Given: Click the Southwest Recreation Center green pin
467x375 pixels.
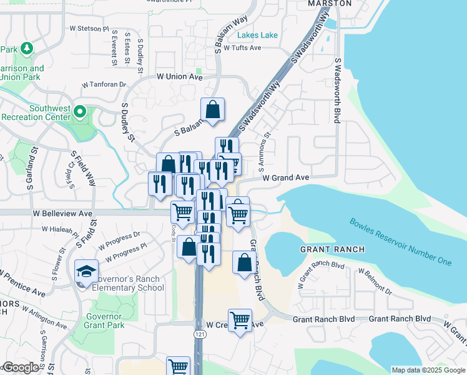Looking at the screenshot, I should pos(79,112).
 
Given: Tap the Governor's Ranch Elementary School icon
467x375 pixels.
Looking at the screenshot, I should pos(86,272).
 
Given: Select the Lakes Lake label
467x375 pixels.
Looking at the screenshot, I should pos(257,35).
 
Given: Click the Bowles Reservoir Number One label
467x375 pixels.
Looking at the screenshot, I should pos(400,241).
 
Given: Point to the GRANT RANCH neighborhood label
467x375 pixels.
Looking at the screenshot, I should pos(331,249).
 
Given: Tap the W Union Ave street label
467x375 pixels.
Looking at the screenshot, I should pos(180,76).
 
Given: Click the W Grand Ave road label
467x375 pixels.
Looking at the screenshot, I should pos(286,177).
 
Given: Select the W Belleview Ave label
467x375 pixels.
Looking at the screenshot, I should pos(62,213).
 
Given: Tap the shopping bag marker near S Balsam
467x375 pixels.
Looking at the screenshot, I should pos(213,109).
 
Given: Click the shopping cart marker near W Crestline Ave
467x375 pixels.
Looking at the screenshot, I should pos(240,321).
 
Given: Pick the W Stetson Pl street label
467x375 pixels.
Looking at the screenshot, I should pos(89,29).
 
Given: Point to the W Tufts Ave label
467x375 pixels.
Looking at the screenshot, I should pos(242,47).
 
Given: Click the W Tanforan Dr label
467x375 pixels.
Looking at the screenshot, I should pos(104,84).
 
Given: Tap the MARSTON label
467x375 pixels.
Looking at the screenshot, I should pos(330,4).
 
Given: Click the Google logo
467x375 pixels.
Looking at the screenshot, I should pos(21,367).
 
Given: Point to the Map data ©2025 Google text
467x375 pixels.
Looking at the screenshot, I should pos(428,370).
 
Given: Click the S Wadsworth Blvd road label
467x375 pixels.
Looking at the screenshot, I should pos(337,91).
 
